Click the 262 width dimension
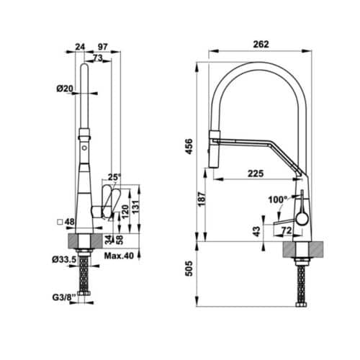coord(261,44)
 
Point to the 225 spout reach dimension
coord(253,172)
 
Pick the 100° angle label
coord(276,199)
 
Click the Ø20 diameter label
coord(65,89)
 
